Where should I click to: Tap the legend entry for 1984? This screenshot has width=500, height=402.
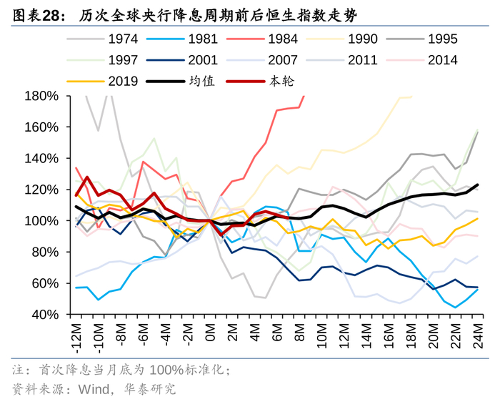click(281, 40)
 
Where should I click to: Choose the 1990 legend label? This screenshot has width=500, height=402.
click(363, 40)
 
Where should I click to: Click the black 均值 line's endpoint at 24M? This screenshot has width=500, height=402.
click(477, 185)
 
